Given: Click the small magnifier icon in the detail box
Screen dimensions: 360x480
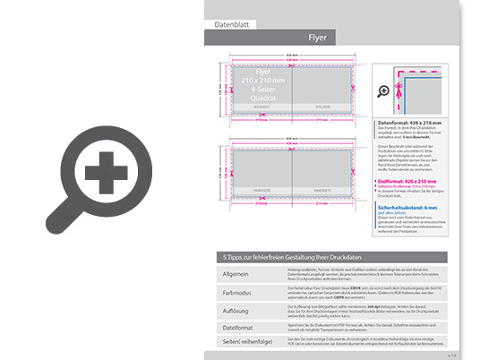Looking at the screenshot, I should [x=384, y=90].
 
